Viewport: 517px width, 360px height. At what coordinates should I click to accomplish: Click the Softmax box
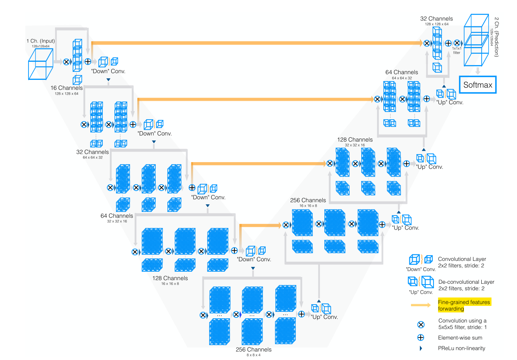pyautogui.click(x=477, y=85)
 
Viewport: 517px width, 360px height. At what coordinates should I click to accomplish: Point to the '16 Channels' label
pyautogui.click(x=66, y=88)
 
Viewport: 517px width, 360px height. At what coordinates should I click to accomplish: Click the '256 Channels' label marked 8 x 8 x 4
pyautogui.click(x=253, y=350)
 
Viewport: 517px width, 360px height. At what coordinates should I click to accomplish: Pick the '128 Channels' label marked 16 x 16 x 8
pyautogui.click(x=170, y=278)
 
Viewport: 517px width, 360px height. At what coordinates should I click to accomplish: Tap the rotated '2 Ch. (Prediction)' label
pyautogui.click(x=497, y=37)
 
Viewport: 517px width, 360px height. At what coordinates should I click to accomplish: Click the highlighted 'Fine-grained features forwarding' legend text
pyautogui.click(x=464, y=305)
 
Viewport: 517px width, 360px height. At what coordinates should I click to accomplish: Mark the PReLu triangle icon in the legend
pyautogui.click(x=421, y=348)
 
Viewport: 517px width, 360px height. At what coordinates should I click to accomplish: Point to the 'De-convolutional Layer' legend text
pyautogui.click(x=466, y=282)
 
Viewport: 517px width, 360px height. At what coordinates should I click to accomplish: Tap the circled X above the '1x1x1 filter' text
pyautogui.click(x=457, y=43)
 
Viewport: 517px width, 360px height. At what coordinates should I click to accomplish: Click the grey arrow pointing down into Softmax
pyautogui.click(x=478, y=71)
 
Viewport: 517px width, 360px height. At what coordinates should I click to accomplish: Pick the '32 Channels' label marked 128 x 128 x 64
pyautogui.click(x=437, y=18)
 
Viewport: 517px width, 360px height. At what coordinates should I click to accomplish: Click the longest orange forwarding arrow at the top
pyautogui.click(x=257, y=42)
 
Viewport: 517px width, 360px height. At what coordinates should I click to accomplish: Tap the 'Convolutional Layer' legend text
pyautogui.click(x=462, y=259)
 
